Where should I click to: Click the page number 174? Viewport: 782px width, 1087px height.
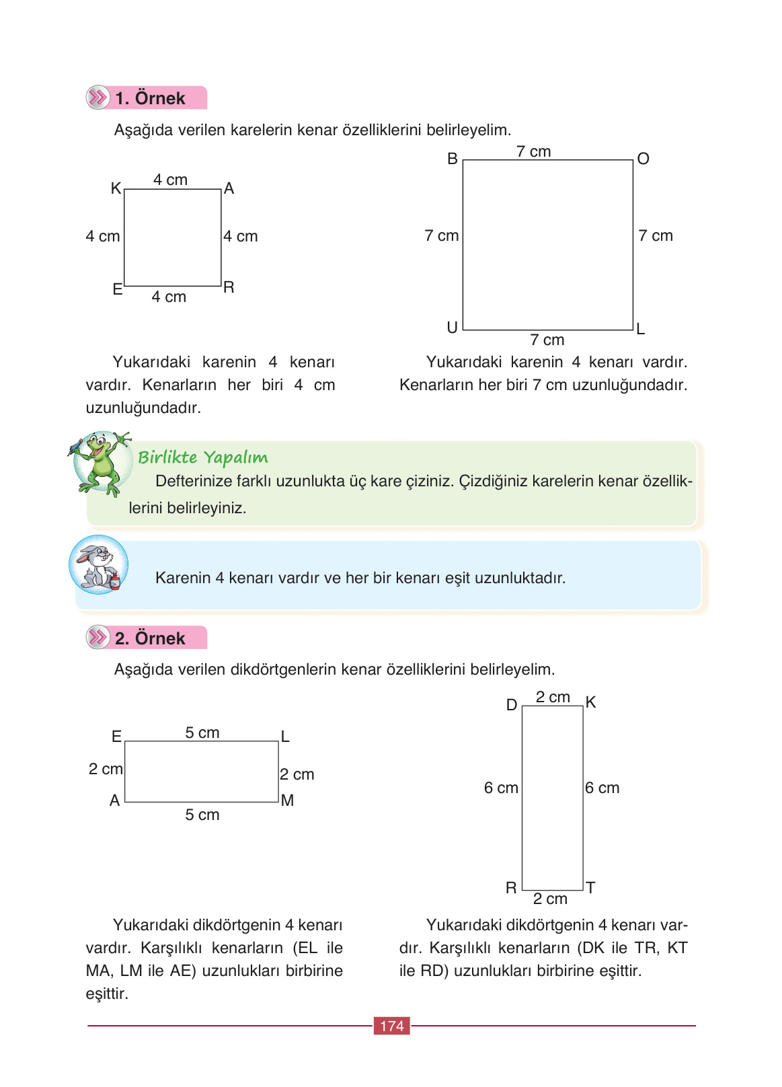391,1026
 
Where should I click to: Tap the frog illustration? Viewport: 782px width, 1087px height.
101,463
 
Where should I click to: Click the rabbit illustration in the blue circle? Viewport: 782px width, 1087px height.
99,565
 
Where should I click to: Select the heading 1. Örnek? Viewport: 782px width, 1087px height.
150,98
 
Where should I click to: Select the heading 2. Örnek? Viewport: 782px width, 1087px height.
150,638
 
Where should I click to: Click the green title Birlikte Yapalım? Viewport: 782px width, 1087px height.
202,457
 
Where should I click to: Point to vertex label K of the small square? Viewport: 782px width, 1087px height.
116,188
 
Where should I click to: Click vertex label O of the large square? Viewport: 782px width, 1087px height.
643,159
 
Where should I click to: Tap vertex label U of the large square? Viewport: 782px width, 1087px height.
452,328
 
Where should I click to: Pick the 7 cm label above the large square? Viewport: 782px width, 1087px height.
533,151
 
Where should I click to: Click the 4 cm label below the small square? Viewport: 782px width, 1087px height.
169,297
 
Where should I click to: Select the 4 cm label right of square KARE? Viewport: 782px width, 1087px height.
241,236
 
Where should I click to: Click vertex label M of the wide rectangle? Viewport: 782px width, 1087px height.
287,800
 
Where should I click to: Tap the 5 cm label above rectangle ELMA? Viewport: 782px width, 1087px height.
202,733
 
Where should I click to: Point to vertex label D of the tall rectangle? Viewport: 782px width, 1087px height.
512,704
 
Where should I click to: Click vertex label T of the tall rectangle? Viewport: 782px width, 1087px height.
590,887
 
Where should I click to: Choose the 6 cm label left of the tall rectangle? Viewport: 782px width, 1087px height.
501,788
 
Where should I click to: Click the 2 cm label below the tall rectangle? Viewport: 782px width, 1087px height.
550,899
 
